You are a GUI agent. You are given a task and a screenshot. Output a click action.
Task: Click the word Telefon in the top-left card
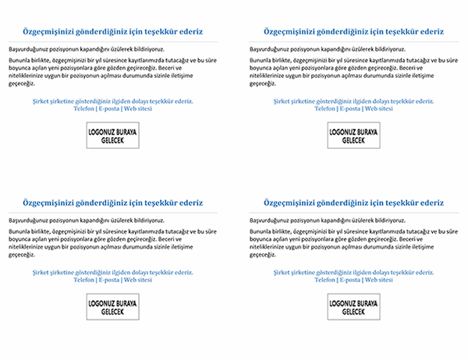[x=84, y=108]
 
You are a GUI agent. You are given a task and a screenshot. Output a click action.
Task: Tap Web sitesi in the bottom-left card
[x=138, y=278]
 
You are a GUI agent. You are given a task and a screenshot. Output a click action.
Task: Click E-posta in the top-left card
[x=109, y=108]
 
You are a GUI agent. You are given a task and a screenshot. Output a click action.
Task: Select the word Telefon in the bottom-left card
[x=84, y=278]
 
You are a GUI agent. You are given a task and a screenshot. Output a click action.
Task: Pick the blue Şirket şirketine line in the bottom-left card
[x=113, y=270]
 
